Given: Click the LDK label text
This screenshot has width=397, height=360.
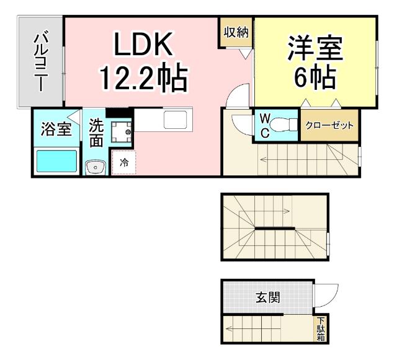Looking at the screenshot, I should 141,45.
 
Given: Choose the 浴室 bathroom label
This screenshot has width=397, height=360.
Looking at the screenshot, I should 56,130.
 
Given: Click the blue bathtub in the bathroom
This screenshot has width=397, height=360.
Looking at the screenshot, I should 56,161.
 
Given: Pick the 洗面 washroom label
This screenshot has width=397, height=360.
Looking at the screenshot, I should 96,133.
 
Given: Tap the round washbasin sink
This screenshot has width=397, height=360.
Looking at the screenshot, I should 95,165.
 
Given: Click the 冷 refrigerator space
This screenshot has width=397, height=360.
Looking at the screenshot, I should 123,164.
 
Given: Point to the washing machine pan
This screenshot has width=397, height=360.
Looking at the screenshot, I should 121,132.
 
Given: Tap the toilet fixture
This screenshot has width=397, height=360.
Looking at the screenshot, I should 284,124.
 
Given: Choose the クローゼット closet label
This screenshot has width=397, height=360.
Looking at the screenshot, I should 329,125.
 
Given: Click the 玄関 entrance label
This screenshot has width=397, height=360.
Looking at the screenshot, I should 267,297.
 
